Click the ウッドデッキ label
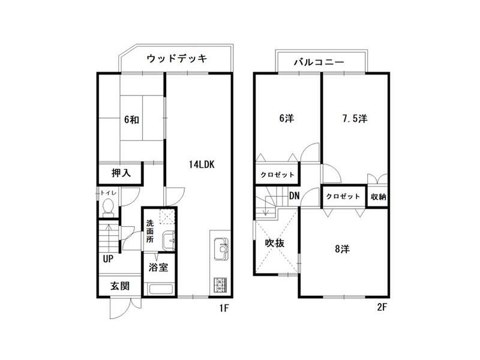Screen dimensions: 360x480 coord(176,59)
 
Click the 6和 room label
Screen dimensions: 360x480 coord(131,119)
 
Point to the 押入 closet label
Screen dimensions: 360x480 coord(121,173)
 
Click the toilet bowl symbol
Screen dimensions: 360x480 coord(108,207)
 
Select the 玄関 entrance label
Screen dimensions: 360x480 coord(119,287)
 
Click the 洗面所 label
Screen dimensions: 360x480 coord(150,231)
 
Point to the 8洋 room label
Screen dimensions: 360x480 coord(341,248)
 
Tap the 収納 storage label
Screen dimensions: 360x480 coord(378,196)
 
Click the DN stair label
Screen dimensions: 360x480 coord(294,196)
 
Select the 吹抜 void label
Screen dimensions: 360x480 coord(274,243)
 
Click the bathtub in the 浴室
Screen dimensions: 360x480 coord(160,289)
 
